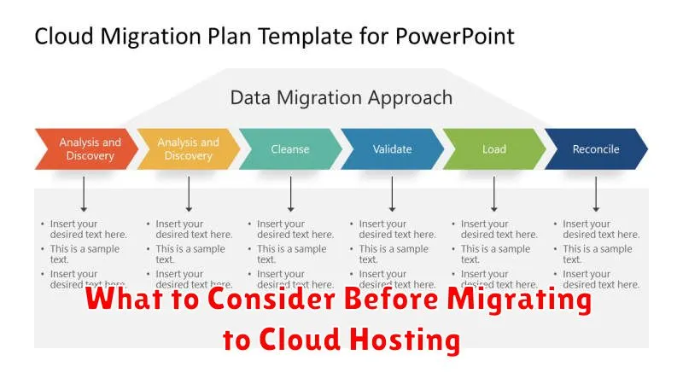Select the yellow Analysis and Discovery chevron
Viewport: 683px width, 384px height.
click(x=188, y=149)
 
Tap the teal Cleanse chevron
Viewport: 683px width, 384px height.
click(x=290, y=149)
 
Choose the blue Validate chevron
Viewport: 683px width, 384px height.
click(x=392, y=149)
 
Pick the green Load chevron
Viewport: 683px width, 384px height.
click(x=493, y=149)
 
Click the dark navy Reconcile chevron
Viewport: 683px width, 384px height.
click(x=595, y=149)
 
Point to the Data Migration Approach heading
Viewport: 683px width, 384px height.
click(x=341, y=97)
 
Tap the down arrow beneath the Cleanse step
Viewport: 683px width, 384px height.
click(x=290, y=194)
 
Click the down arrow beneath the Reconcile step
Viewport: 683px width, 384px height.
click(x=596, y=194)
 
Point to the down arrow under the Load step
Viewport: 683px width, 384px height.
click(x=493, y=194)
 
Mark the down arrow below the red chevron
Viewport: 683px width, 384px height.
click(x=84, y=194)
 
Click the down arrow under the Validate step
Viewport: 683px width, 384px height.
click(x=392, y=194)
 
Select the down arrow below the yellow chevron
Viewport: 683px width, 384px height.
click(x=189, y=194)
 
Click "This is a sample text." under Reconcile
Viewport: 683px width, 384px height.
click(x=597, y=254)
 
